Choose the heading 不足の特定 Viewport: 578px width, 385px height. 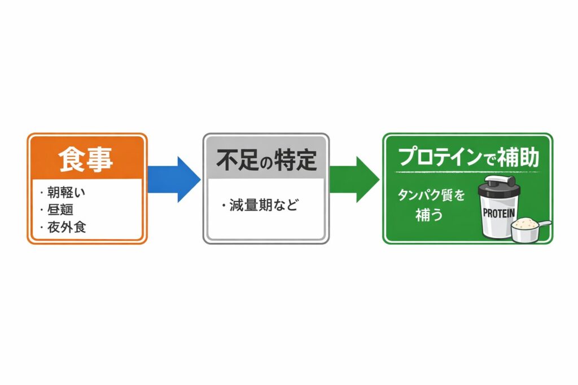264,160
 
